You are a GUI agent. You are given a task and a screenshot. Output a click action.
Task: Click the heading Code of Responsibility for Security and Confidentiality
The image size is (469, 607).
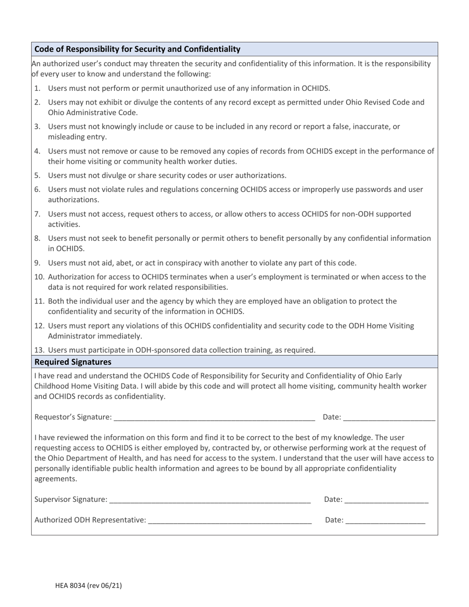(137, 49)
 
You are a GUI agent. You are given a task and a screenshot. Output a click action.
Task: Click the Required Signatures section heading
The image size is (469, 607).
(73, 362)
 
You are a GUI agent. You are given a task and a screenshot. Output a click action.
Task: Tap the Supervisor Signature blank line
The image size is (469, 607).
(210, 499)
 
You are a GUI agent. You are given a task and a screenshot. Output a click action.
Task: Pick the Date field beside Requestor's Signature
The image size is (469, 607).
(389, 417)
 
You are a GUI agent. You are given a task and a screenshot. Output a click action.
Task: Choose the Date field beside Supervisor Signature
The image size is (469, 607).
(387, 499)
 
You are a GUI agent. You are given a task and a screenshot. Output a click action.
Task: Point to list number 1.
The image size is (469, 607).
(37, 88)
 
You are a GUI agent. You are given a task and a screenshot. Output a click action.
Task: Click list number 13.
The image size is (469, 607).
(39, 350)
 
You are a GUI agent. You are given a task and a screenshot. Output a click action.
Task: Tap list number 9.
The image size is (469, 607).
(37, 263)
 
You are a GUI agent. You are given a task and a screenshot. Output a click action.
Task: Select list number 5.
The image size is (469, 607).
(37, 175)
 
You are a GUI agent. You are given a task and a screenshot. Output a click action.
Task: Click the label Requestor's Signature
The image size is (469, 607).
(73, 417)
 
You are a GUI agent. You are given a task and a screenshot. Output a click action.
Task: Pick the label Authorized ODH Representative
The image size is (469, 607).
(90, 520)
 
